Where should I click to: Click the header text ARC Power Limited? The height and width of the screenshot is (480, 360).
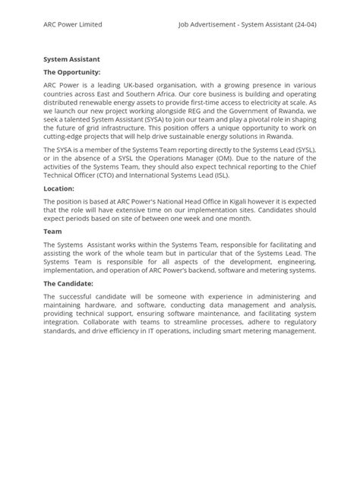coord(73,25)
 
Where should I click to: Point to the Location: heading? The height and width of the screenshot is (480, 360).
coord(58,188)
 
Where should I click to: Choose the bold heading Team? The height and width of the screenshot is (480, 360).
coord(52,231)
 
